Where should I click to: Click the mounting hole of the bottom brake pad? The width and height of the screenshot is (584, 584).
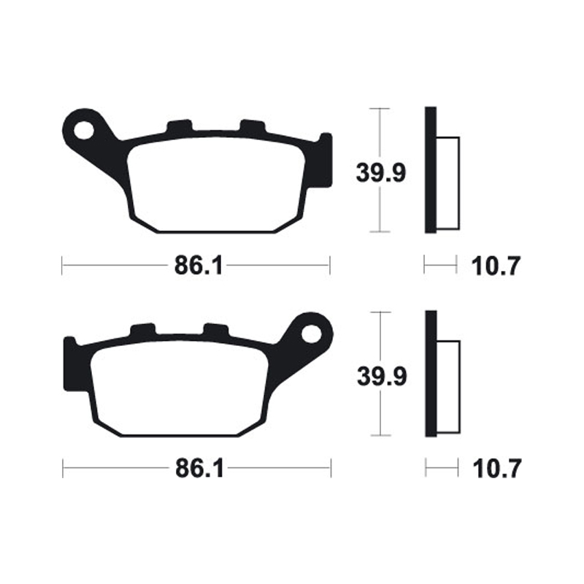click(x=312, y=333)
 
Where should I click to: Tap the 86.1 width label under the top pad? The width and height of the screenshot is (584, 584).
click(x=197, y=266)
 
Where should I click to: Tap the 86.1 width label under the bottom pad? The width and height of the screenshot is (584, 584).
click(x=197, y=469)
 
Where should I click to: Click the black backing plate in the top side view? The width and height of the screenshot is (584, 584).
click(x=430, y=170)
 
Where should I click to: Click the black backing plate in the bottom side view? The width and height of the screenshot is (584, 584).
click(x=430, y=374)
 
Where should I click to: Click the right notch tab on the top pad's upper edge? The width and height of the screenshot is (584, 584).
click(x=252, y=127)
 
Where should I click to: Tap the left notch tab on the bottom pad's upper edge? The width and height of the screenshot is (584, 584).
click(x=143, y=331)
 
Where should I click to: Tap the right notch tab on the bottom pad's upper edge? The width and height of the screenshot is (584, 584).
click(x=216, y=331)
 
